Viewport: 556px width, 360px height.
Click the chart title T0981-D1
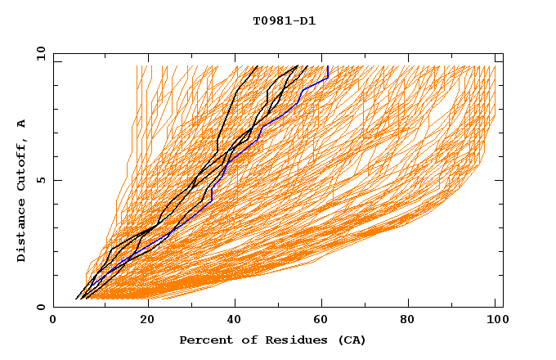(285, 20)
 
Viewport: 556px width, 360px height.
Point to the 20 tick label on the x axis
(147, 321)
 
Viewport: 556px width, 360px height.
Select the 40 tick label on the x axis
(235, 321)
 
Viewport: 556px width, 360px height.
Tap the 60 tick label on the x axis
(324, 321)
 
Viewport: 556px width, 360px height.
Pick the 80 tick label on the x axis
(413, 321)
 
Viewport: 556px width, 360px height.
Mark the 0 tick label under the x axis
(54, 321)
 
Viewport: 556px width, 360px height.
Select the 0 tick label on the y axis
(40, 308)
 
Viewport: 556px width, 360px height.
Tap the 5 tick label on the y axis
(40, 181)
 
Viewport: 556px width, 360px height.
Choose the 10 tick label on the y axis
(38, 54)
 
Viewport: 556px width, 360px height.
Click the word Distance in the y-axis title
(21, 229)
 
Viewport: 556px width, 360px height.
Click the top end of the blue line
(327, 66)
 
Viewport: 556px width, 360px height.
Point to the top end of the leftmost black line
(258, 66)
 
